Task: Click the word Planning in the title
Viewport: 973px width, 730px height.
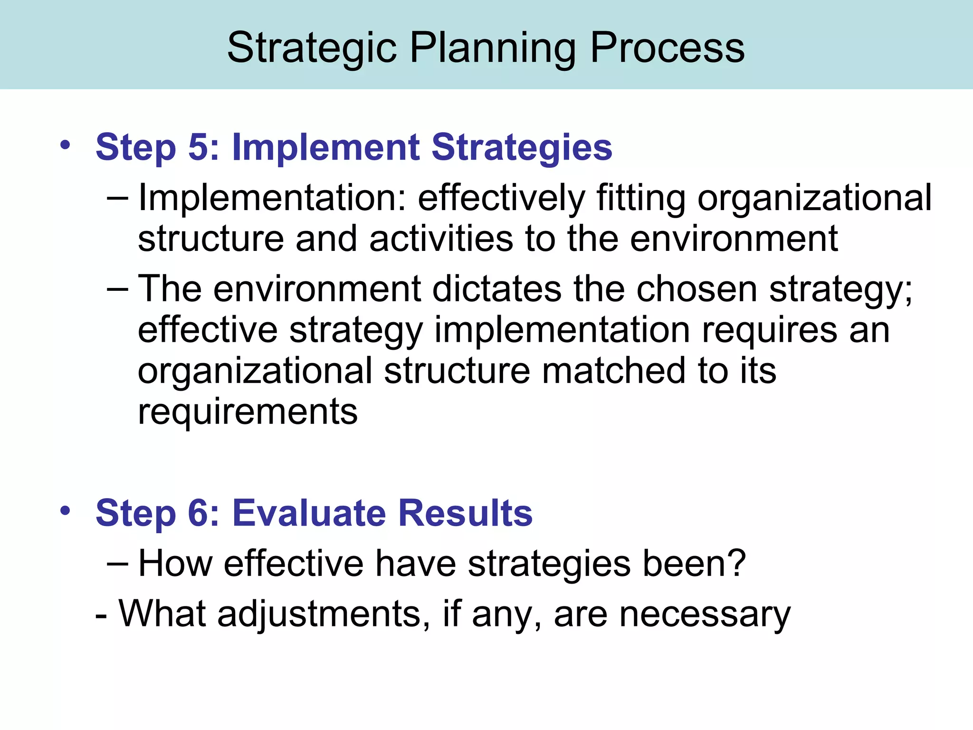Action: click(x=492, y=48)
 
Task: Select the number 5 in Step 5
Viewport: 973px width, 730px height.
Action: click(x=198, y=147)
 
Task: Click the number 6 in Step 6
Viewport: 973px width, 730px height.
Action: click(x=198, y=513)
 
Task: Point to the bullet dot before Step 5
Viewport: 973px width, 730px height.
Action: click(x=65, y=144)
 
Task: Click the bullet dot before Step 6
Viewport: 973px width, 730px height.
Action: click(x=65, y=511)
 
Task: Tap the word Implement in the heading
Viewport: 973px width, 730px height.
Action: click(x=325, y=147)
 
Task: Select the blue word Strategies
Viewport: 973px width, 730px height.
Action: click(x=522, y=148)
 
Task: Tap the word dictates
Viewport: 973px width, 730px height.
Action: click(x=496, y=289)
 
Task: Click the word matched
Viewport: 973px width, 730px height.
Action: click(x=613, y=371)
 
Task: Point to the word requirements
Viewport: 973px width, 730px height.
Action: click(x=248, y=413)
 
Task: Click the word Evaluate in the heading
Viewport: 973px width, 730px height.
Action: click(x=309, y=513)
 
